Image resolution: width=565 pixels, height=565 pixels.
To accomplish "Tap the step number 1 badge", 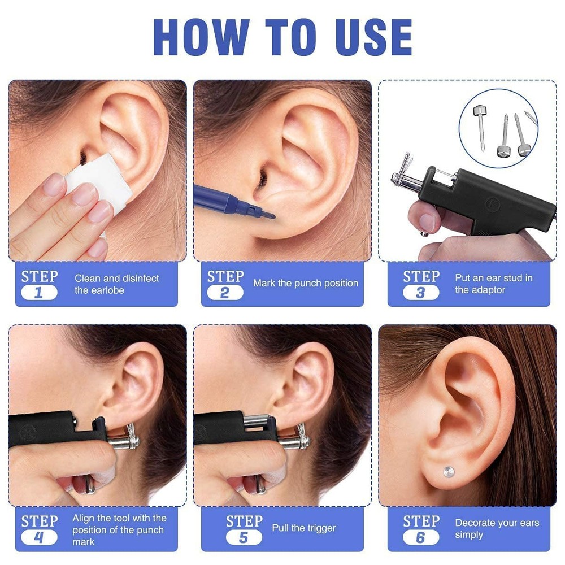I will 39,293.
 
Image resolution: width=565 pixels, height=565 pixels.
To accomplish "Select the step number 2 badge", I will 224,293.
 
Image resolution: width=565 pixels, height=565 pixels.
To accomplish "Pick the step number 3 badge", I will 420,293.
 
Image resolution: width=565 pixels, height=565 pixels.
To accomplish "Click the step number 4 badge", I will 39,537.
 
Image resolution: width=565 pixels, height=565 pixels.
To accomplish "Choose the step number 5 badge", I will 243,537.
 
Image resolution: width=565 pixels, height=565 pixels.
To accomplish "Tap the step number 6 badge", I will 420,537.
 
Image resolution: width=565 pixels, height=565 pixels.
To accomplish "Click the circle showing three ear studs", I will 498,128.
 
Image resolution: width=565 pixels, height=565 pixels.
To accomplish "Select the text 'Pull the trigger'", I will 304,528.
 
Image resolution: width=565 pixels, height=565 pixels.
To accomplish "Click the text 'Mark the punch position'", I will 305,283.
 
